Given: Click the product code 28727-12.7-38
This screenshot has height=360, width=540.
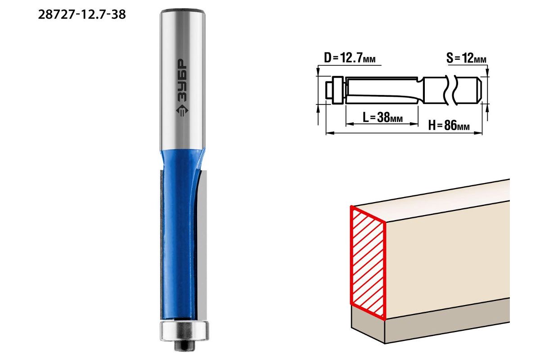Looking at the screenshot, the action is [82, 15].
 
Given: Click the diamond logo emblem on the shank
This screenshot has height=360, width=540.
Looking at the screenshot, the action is [182, 111].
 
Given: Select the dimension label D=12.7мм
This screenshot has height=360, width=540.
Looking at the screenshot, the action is [350, 58].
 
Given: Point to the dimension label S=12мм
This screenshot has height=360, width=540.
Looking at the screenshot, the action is [466, 58].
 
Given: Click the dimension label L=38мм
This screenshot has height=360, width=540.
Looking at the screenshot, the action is [382, 117].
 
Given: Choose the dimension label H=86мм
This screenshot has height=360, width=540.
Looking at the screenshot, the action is [449, 126].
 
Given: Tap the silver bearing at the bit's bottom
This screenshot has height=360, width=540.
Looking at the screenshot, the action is [184, 331].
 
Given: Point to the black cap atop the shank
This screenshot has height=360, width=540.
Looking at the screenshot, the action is [183, 11].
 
